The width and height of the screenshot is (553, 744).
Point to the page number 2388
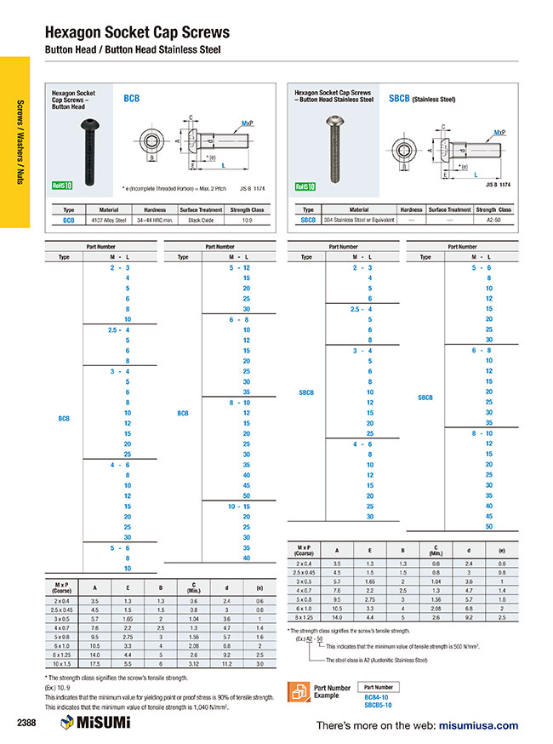(x=27, y=723)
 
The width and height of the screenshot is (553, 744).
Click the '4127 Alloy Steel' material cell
(x=110, y=220)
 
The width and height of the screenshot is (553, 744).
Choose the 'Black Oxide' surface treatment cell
(x=201, y=220)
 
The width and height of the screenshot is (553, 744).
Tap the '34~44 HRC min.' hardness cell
(x=155, y=220)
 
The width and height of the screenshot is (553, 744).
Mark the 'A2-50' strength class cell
(x=493, y=220)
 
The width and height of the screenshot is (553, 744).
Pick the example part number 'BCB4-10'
(x=378, y=695)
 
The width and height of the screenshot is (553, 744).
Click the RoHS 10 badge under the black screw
(x=62, y=185)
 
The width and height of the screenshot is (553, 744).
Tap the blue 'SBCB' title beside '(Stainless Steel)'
(x=399, y=99)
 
